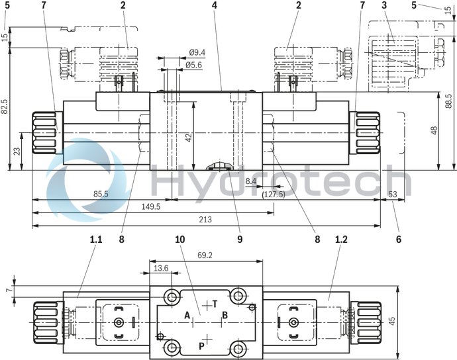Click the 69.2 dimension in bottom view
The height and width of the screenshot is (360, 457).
tap(205, 255)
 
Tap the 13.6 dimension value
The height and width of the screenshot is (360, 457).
tap(160, 268)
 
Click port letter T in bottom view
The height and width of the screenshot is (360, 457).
tap(214, 304)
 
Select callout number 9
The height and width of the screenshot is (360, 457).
tap(240, 239)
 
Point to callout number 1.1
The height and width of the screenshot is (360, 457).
tap(96, 239)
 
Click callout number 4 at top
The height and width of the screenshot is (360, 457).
tap(215, 5)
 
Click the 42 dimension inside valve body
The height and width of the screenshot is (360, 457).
tap(188, 138)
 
